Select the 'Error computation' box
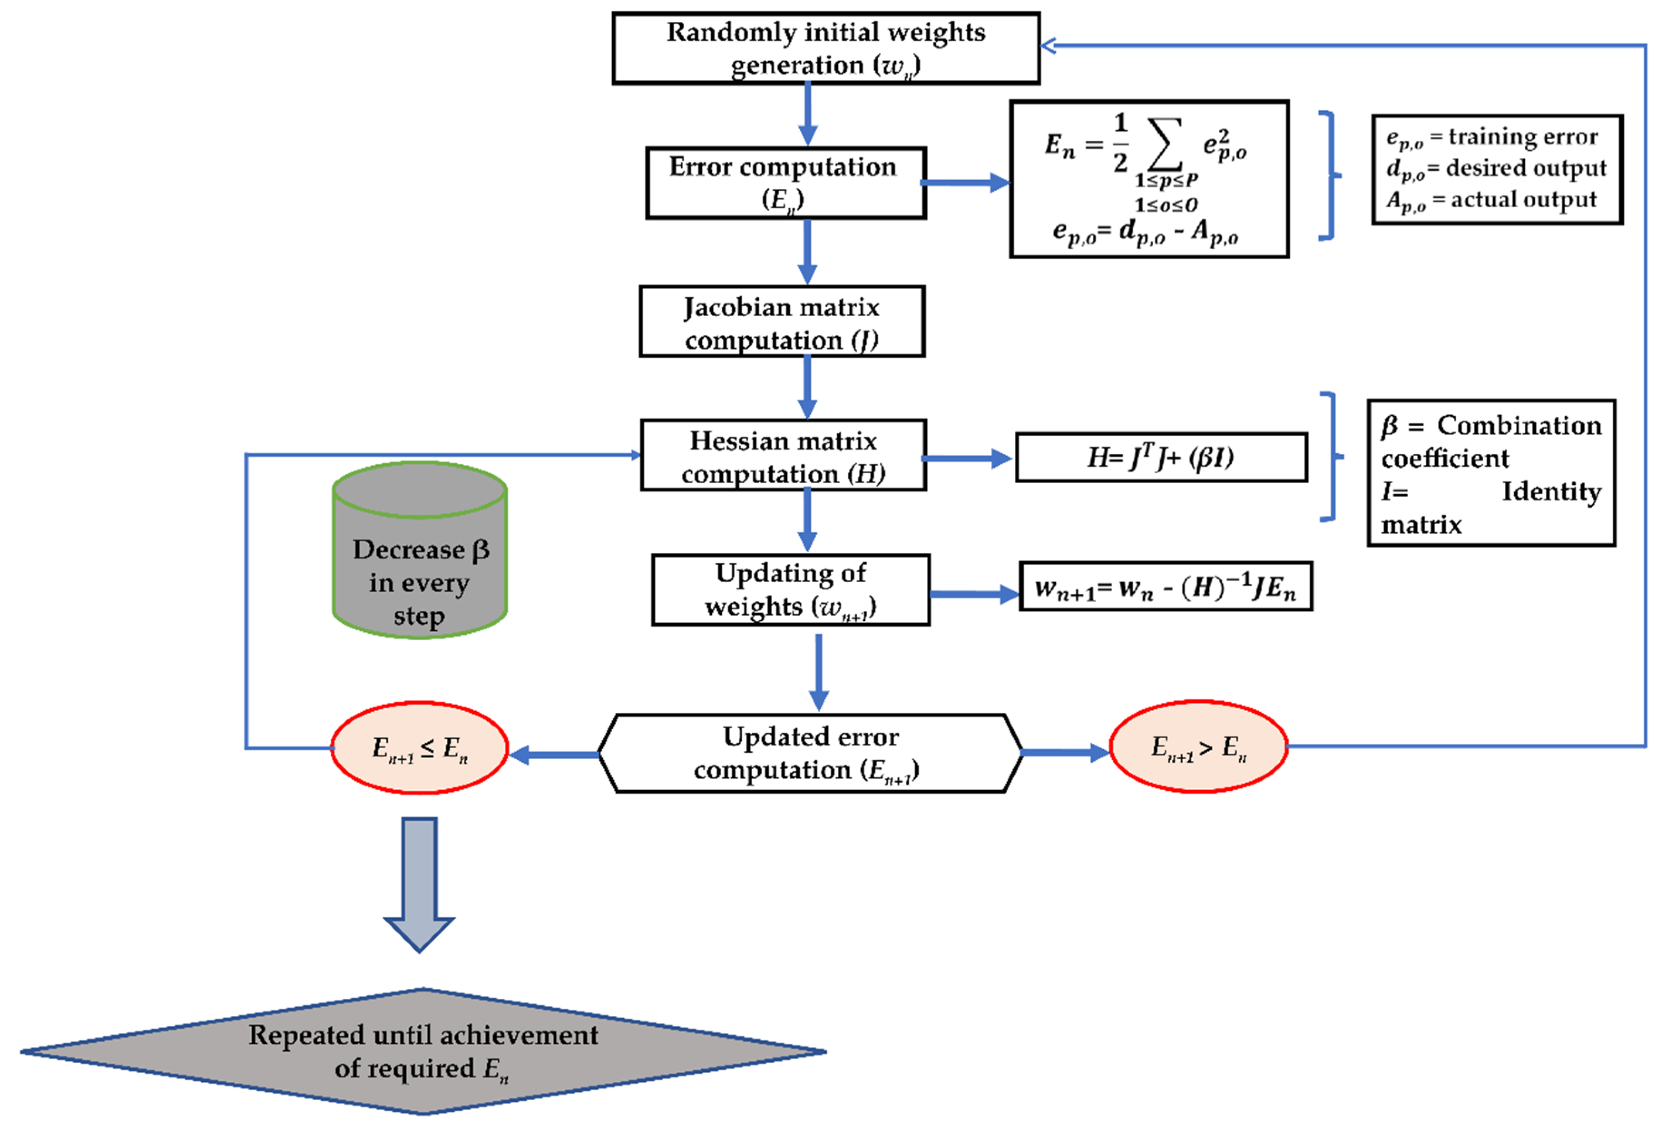(x=785, y=183)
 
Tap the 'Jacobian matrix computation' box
(x=782, y=322)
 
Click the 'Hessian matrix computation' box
(x=783, y=456)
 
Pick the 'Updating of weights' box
(x=790, y=589)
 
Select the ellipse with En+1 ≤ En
(x=419, y=748)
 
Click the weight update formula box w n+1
(x=1165, y=587)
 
